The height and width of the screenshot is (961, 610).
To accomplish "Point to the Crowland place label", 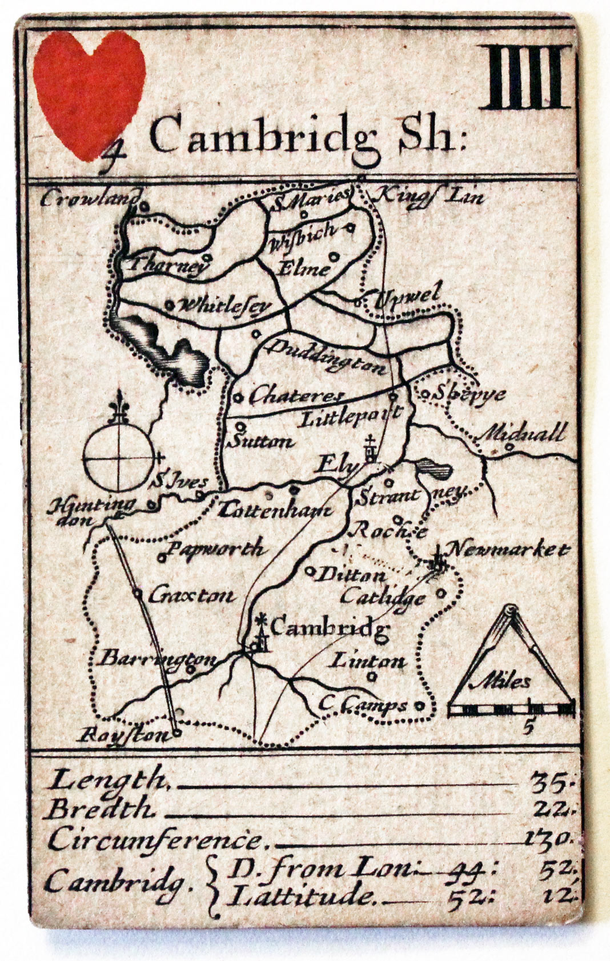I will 90,199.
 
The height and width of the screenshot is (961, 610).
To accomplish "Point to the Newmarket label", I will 508,550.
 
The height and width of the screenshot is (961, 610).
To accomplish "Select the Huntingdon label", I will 91,510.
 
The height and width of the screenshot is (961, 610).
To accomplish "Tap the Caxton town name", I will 192,596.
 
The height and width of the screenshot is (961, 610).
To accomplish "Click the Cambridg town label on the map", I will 330,627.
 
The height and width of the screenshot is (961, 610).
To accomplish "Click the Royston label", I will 122,735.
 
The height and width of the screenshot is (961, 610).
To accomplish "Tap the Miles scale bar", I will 512,710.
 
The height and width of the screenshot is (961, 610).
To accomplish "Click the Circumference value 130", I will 547,838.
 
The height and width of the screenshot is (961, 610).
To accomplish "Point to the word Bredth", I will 101,809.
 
